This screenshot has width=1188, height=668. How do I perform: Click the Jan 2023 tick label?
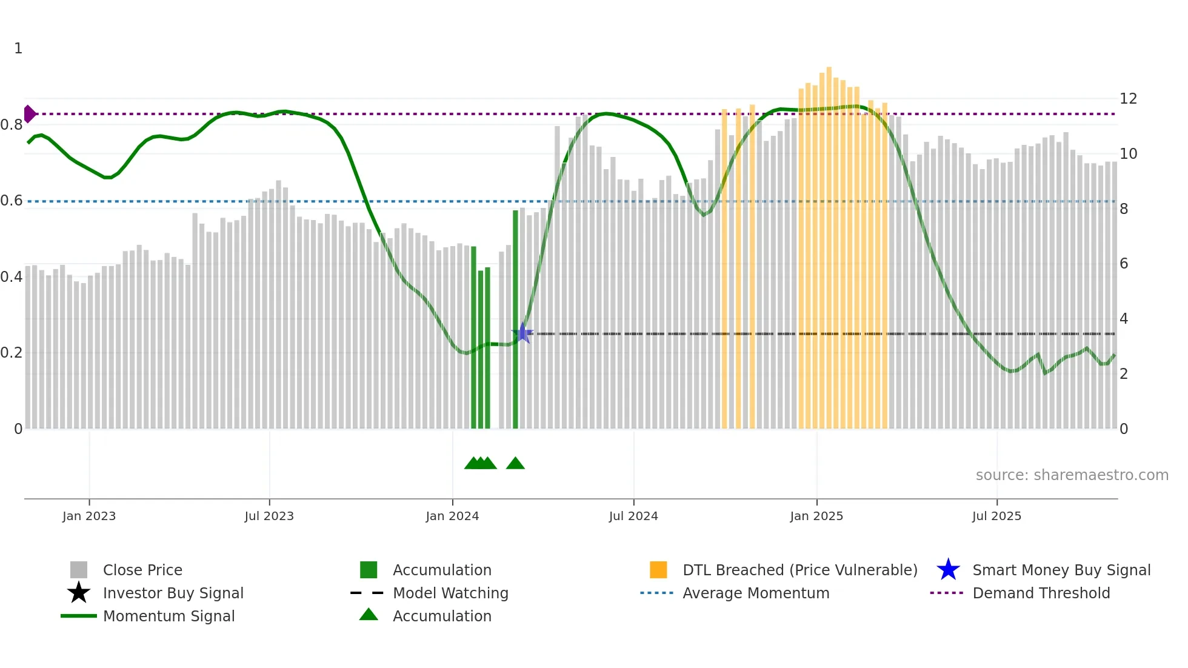89,516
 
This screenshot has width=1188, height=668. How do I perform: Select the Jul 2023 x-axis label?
269,516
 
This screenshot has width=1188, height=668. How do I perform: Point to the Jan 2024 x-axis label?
452,516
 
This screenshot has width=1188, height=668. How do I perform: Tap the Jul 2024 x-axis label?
633,516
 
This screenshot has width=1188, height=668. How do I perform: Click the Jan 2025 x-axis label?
816,516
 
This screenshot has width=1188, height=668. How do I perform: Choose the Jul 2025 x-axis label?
996,516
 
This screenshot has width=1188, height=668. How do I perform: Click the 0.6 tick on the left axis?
12,201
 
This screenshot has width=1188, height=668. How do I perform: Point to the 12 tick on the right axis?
1128,99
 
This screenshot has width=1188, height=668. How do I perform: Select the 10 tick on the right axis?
1128,154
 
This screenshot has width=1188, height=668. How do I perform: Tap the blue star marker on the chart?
522,333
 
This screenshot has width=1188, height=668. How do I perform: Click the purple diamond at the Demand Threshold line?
29,114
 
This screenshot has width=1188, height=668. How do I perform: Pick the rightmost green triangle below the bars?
515,464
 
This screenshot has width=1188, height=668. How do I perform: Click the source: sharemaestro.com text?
1072,475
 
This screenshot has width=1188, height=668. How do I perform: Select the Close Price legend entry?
142,570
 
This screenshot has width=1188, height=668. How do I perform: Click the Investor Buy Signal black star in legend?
79,593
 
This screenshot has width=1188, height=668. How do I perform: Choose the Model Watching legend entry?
450,593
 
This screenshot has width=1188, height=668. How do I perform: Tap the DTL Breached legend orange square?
658,570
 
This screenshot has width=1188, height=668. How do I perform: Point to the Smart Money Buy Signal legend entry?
1061,570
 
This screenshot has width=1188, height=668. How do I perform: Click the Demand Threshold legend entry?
1041,593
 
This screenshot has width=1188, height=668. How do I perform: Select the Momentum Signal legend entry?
169,616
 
